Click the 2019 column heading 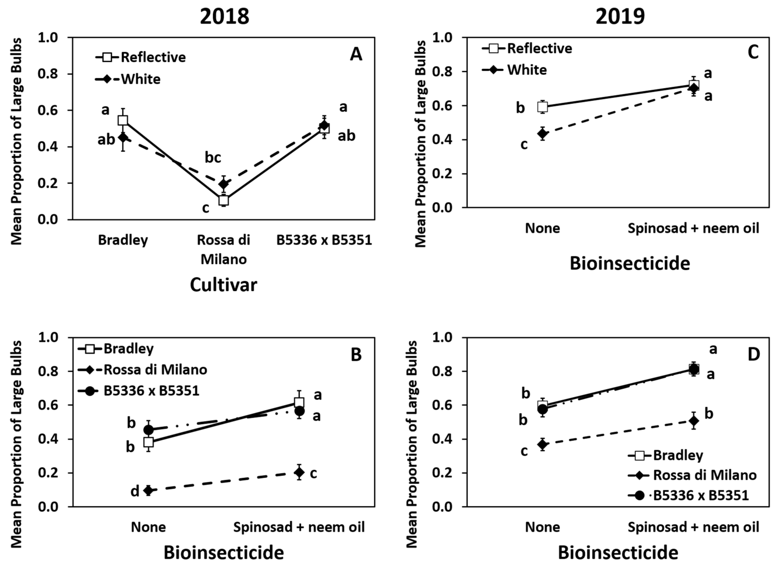coord(620,16)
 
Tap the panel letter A coord(356,54)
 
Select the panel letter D coord(754,354)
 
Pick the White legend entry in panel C coord(515,70)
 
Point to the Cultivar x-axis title coord(224,285)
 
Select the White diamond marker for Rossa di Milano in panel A coord(224,183)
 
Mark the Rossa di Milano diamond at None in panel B coord(148,490)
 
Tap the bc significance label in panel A coord(213,158)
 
